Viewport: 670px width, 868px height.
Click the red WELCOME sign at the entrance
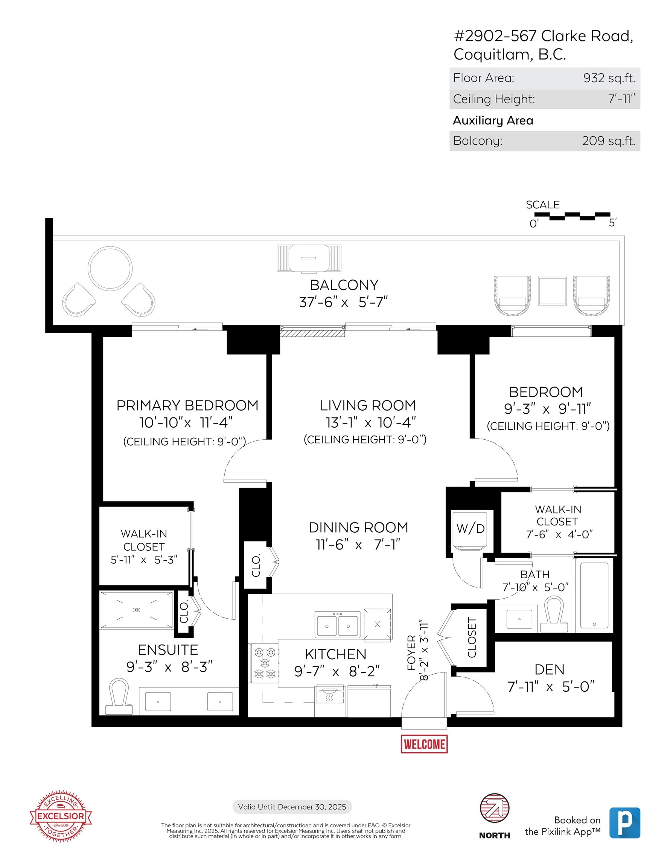point(424,744)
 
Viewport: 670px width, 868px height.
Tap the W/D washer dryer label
point(470,529)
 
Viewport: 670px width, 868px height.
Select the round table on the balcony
point(110,268)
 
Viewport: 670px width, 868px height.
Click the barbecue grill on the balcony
point(309,259)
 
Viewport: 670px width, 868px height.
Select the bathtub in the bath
point(594,595)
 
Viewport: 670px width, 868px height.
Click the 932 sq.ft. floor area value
point(609,78)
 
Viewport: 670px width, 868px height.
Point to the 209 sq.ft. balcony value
point(608,141)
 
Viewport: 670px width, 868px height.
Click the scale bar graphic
point(572,216)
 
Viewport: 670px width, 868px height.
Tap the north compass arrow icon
point(495,808)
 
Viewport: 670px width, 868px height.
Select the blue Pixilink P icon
point(624,823)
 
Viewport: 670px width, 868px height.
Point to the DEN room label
point(549,670)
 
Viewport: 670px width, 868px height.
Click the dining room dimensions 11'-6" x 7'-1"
point(358,544)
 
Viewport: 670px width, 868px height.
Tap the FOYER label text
point(411,653)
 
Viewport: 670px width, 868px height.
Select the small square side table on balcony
point(552,291)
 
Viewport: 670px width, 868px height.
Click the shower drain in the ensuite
point(137,610)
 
